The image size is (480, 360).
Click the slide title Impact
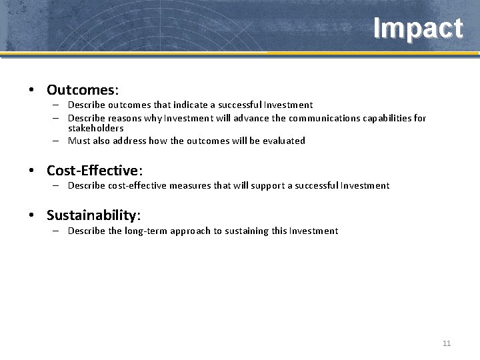[417, 29]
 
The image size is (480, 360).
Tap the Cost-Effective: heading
[95, 171]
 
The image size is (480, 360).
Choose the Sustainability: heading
[93, 215]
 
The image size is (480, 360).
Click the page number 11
[447, 343]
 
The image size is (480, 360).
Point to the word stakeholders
[95, 128]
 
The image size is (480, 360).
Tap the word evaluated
[283, 141]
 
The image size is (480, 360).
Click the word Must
[79, 141]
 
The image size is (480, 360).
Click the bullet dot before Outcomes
[32, 90]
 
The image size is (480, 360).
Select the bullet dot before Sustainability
[32, 216]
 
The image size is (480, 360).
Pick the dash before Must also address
[58, 141]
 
